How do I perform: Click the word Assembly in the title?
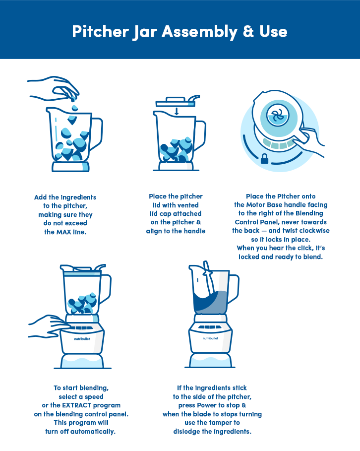(x=199, y=32)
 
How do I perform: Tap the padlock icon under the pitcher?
(x=264, y=158)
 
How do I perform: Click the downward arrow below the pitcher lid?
(x=177, y=111)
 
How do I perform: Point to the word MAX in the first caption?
(x=63, y=232)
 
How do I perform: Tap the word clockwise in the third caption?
(x=313, y=231)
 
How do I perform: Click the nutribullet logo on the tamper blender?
(x=210, y=338)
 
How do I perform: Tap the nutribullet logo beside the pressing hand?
(x=82, y=339)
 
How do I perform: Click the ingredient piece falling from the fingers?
(x=74, y=108)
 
